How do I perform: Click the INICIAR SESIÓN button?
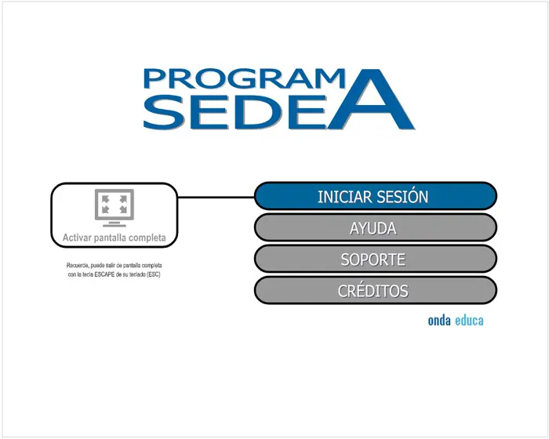376,196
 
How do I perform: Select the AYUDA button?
376,227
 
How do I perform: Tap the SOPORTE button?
376,259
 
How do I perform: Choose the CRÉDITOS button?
376,291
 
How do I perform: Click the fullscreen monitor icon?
115,208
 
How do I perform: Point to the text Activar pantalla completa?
115,238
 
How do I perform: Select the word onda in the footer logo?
439,321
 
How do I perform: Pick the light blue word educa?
469,321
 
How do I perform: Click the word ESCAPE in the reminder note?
104,275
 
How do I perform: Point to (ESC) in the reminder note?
154,275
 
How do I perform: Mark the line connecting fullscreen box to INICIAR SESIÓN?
216,198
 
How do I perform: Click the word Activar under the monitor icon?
76,238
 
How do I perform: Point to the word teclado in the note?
137,275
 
